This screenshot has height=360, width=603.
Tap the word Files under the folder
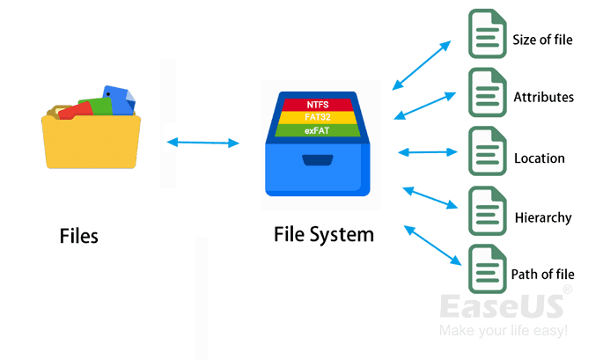[78, 236]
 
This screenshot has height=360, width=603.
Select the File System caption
[323, 235]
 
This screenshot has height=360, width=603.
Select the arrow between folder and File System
[202, 141]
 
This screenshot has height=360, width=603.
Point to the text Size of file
[541, 40]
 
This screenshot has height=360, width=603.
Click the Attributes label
[544, 97]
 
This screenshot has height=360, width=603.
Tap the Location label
[540, 158]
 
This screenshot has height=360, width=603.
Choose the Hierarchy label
[542, 217]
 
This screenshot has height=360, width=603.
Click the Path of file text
[542, 275]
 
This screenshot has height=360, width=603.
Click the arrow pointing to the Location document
[427, 152]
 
